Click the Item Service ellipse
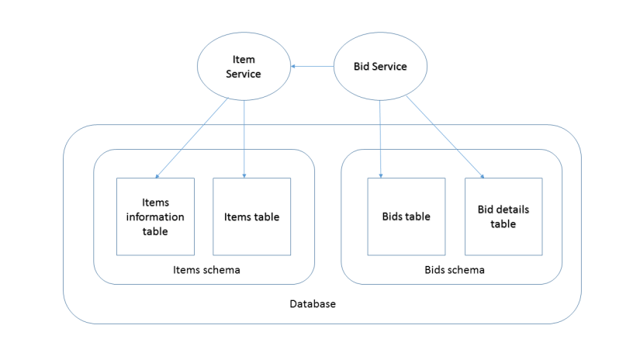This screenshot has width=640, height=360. [244, 67]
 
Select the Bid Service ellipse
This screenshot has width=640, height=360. [380, 67]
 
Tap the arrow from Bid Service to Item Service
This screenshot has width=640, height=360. [312, 67]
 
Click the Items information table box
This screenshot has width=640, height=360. [155, 216]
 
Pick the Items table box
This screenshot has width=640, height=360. [251, 216]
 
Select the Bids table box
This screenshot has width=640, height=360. [406, 216]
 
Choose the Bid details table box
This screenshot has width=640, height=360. [503, 216]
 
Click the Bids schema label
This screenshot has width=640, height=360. [455, 270]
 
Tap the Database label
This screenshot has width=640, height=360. [313, 304]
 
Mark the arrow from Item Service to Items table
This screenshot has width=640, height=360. [244, 140]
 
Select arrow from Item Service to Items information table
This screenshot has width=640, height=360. [192, 138]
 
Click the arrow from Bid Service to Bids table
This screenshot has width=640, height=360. [380, 140]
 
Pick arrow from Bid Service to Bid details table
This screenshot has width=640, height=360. [444, 137]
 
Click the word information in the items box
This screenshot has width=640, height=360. [155, 216]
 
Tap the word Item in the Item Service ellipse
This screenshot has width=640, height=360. [244, 60]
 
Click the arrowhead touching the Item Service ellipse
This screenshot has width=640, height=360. [294, 67]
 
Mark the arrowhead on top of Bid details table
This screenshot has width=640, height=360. [483, 176]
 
